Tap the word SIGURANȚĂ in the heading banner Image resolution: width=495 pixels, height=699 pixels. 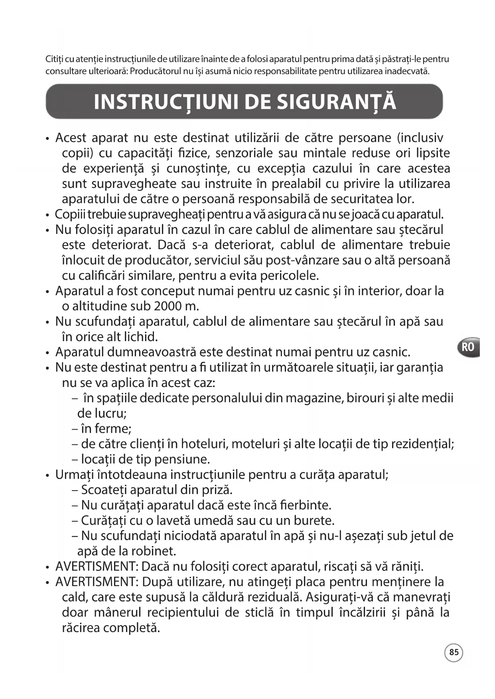coord(336,102)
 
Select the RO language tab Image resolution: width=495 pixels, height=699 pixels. coord(468,347)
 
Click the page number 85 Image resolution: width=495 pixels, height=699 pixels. coord(454,652)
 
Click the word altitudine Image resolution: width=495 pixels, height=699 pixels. coord(99,306)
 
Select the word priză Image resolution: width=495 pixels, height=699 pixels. coord(218,490)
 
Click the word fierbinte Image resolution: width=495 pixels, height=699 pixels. coord(306,505)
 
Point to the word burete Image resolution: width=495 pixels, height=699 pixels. coord(314,520)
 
